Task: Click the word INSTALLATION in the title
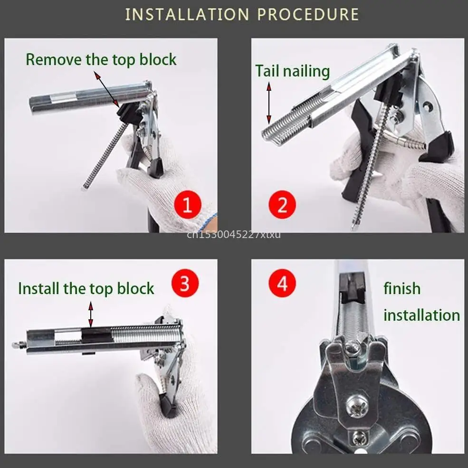click(187, 14)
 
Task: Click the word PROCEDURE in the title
click(308, 14)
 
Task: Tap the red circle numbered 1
click(188, 204)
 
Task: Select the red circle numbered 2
click(282, 204)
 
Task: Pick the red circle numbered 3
click(185, 283)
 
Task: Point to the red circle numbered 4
click(282, 283)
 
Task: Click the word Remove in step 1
click(54, 59)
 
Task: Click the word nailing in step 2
click(306, 72)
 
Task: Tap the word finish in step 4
click(402, 288)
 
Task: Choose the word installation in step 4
click(421, 315)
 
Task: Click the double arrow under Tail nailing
click(269, 103)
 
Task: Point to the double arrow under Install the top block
click(91, 314)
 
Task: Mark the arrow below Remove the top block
click(107, 89)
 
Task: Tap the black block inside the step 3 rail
click(96, 334)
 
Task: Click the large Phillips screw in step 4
click(357, 406)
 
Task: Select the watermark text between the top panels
click(234, 235)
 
